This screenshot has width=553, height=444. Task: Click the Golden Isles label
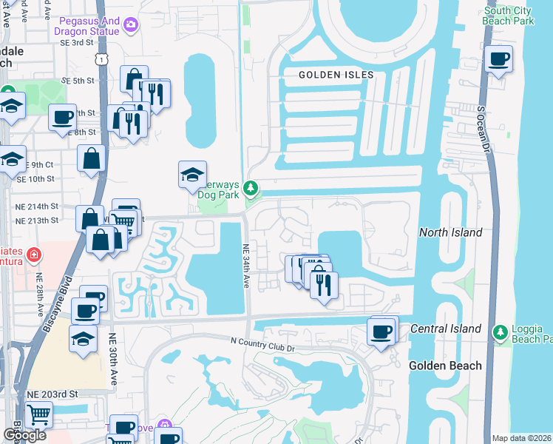336,75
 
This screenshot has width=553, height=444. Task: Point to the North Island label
450,232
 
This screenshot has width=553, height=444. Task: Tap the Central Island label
446,329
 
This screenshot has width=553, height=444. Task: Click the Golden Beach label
446,366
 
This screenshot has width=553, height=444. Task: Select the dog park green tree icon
251,189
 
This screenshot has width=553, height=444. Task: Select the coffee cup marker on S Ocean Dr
499,59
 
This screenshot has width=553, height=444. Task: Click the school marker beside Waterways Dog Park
192,175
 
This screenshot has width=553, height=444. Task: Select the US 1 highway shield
108,55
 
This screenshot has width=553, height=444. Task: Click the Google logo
24,435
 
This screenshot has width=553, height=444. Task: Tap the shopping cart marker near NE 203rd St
38,414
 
